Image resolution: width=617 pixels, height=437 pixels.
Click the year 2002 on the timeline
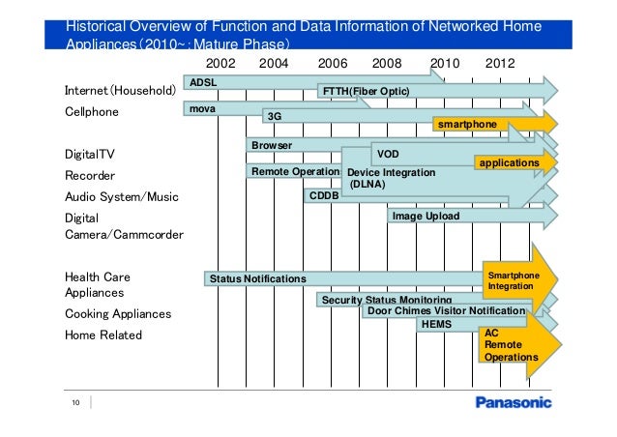pyautogui.click(x=221, y=63)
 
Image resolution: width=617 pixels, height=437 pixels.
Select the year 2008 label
pyautogui.click(x=387, y=63)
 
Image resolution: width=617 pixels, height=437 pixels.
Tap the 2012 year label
pyautogui.click(x=500, y=63)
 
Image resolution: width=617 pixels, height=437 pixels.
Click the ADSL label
pyautogui.click(x=203, y=82)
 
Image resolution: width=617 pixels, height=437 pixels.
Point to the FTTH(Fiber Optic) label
pyautogui.click(x=366, y=91)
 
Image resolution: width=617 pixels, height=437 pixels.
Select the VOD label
pyautogui.click(x=388, y=154)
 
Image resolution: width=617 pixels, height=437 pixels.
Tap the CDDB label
pyautogui.click(x=322, y=195)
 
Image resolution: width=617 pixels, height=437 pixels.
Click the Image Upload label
pyautogui.click(x=426, y=217)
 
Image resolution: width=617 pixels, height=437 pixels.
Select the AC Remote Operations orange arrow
pyautogui.click(x=511, y=345)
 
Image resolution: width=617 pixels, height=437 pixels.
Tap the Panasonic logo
pyautogui.click(x=513, y=402)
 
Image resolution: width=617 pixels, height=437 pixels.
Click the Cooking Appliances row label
pyautogui.click(x=117, y=314)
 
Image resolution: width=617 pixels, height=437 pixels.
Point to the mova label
pyautogui.click(x=202, y=109)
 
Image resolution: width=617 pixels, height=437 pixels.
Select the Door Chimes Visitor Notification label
pyautogui.click(x=446, y=311)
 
